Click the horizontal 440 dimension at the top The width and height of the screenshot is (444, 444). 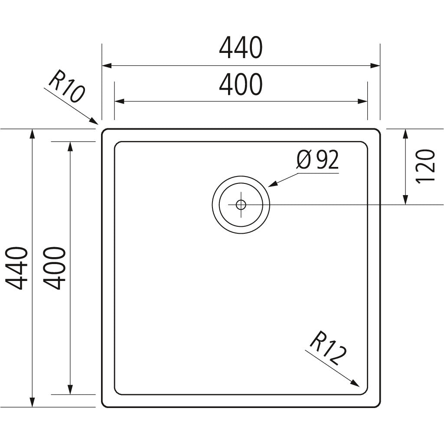click(x=241, y=48)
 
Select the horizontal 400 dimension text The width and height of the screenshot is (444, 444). click(x=241, y=85)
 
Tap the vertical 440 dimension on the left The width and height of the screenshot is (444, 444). click(x=17, y=268)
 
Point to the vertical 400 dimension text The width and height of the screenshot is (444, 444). click(x=55, y=268)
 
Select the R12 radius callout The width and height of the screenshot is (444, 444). click(x=328, y=348)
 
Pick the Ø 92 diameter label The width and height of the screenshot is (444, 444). click(x=317, y=160)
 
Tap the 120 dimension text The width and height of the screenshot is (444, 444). click(x=425, y=166)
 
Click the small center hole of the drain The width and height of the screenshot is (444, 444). click(x=241, y=205)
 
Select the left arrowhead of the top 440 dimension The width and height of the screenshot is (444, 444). click(x=106, y=66)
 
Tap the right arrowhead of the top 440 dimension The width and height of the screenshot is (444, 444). click(x=375, y=66)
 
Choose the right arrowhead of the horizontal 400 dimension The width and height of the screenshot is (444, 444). click(x=363, y=101)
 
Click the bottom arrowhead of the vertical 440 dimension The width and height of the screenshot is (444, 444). click(x=32, y=402)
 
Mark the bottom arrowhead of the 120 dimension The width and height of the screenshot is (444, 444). click(x=405, y=200)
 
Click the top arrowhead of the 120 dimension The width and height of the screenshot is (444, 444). click(x=405, y=134)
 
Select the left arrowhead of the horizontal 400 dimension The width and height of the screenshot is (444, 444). click(x=119, y=101)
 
